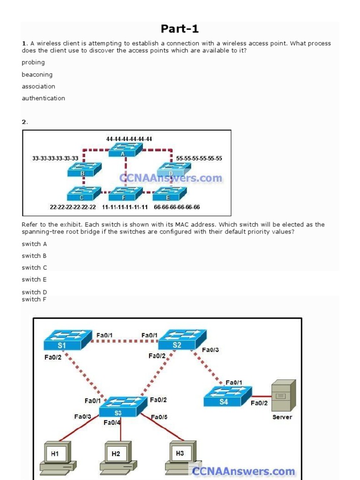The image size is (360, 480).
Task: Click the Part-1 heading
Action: [x=180, y=29]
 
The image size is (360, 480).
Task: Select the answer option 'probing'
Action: [x=33, y=62]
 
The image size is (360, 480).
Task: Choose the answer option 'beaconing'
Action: [x=37, y=75]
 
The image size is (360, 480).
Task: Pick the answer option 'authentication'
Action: [x=43, y=98]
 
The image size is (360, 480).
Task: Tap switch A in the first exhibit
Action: [x=125, y=150]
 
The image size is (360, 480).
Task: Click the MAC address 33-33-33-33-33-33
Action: [x=55, y=158]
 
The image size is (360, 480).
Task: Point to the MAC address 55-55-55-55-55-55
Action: [x=199, y=158]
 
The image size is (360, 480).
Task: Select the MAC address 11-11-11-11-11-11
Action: [x=125, y=207]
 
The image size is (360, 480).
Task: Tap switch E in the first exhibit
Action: [x=169, y=193]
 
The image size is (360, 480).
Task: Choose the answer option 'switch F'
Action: [x=34, y=300]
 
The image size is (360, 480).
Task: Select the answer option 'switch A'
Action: [x=34, y=244]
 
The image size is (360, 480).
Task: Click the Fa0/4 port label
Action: [x=112, y=423]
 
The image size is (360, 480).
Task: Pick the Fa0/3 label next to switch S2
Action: [x=210, y=350]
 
